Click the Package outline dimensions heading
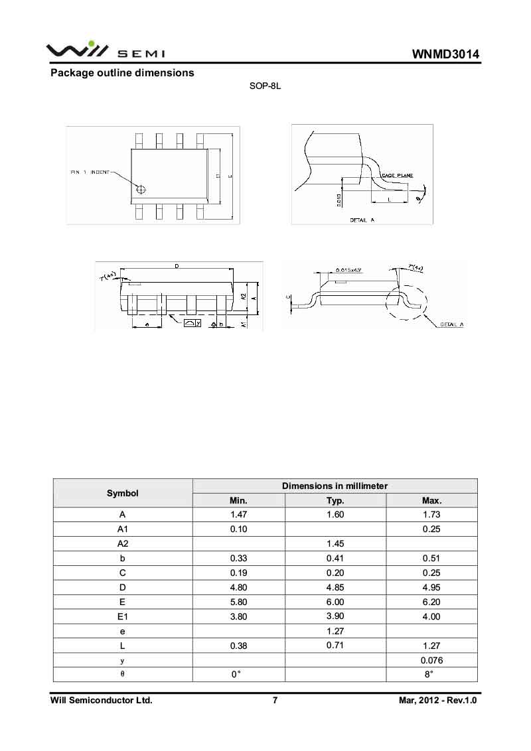[x=123, y=73]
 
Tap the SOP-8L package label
[x=265, y=87]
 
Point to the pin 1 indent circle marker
[x=140, y=190]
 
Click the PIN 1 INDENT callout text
[x=91, y=172]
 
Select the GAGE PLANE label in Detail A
[x=398, y=175]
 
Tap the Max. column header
[x=431, y=500]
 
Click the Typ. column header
[x=335, y=500]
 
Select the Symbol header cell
[x=123, y=493]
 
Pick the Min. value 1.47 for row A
[x=238, y=515]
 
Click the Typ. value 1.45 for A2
[x=335, y=544]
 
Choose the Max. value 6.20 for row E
[x=431, y=602]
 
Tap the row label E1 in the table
[x=123, y=617]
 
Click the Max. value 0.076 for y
[x=431, y=661]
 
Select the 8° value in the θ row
[x=429, y=675]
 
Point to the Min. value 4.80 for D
[x=238, y=588]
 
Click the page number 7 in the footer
[x=275, y=700]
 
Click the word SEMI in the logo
[x=141, y=54]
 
